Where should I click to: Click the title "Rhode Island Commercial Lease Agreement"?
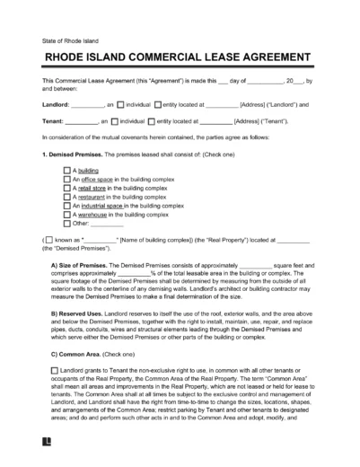[x=180, y=56]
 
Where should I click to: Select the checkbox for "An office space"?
[x=67, y=180]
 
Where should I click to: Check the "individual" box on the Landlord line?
[x=119, y=105]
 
